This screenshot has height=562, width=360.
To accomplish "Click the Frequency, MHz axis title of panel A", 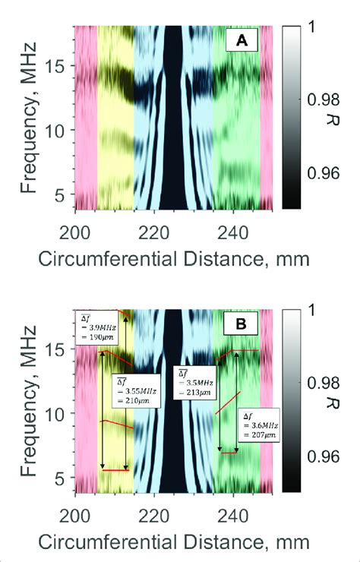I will click(x=28, y=116).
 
